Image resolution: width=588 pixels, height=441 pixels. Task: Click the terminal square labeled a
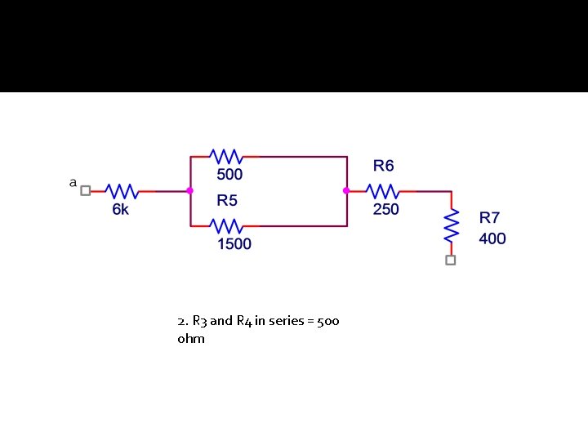click(86, 190)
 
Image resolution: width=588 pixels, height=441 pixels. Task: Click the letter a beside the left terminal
click(73, 183)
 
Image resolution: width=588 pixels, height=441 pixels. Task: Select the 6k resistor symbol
click(122, 190)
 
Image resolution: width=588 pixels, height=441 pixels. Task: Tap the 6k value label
click(120, 210)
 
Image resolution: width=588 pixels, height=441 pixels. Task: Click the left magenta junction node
click(190, 190)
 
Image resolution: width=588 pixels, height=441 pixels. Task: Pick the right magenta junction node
click(346, 190)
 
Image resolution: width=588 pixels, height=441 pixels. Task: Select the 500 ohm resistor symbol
click(225, 156)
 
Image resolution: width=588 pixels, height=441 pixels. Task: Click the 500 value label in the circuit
click(229, 175)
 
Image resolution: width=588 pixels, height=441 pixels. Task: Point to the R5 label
click(227, 200)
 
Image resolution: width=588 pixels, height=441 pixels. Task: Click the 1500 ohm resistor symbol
click(225, 225)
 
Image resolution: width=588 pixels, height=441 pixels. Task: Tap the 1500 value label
click(234, 244)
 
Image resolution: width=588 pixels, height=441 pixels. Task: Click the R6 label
click(383, 166)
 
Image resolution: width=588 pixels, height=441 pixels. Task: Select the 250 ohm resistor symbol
click(382, 190)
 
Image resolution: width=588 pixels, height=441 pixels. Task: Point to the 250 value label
click(385, 210)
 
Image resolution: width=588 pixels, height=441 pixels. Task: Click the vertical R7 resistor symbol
click(450, 226)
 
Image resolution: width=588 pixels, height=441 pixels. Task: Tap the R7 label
click(489, 218)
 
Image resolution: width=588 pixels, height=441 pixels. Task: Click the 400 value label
click(492, 238)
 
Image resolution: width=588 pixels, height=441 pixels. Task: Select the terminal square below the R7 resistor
click(450, 260)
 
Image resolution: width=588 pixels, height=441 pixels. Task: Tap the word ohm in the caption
click(190, 338)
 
